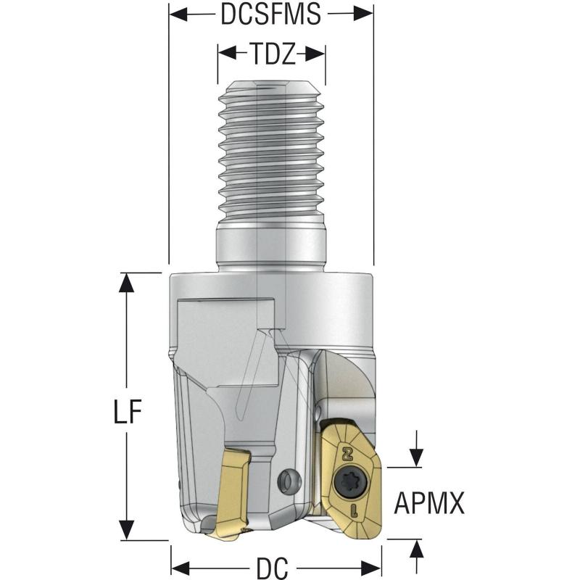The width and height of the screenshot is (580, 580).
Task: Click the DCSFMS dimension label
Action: click(271, 14)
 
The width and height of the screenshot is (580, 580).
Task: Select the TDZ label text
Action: click(272, 54)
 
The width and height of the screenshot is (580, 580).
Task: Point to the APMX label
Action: click(428, 502)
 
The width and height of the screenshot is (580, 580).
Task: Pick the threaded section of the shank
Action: click(272, 152)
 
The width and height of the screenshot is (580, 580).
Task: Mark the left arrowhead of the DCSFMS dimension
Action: click(178, 14)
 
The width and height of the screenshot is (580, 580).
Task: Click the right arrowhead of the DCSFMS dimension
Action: click(365, 14)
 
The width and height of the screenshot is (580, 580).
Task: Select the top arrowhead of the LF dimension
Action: click(127, 282)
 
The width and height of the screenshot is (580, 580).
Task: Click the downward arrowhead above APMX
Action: click(416, 457)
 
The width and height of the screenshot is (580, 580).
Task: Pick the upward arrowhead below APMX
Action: click(416, 549)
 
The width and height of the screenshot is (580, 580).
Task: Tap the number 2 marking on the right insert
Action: click(346, 454)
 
